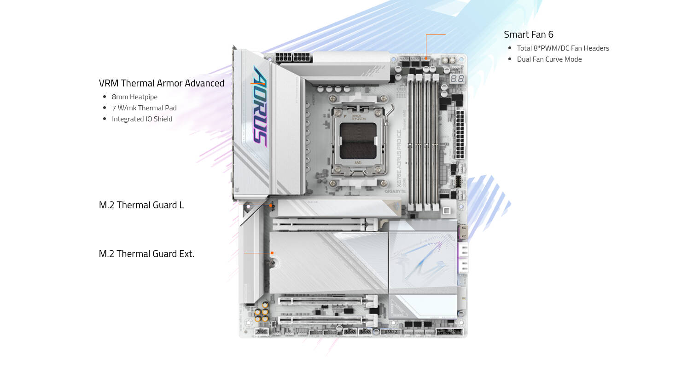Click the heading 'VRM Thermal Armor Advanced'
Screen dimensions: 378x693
(x=161, y=83)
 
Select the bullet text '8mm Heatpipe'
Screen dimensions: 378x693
(x=134, y=97)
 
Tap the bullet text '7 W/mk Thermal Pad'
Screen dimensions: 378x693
(x=144, y=108)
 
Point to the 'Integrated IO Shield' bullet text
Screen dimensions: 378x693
(x=142, y=119)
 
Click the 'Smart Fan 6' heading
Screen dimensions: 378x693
(x=528, y=34)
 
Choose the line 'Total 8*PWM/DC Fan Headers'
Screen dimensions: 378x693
(x=563, y=48)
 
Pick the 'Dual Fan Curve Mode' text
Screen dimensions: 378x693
(x=549, y=59)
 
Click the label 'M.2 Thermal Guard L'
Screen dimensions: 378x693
(x=141, y=205)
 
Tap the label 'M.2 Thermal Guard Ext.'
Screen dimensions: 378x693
(x=146, y=254)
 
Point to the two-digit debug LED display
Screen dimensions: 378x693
(x=457, y=79)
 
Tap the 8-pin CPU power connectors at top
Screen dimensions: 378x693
(x=293, y=57)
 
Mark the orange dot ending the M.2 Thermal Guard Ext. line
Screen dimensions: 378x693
(x=272, y=253)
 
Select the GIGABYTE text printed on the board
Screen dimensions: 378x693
(x=395, y=191)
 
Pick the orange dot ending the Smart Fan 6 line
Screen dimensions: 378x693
(x=426, y=58)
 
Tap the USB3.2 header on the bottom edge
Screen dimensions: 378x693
(x=390, y=332)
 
